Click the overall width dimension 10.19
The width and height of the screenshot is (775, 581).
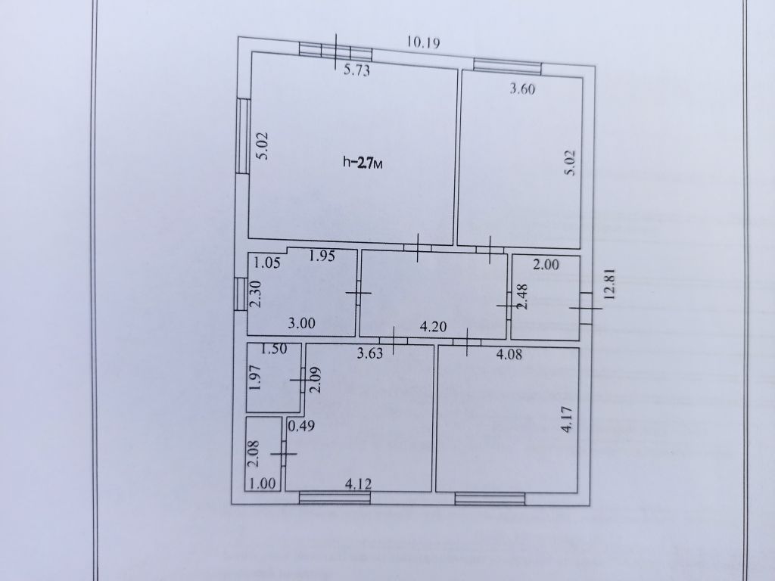(x=423, y=42)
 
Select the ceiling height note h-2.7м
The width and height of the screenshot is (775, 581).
(x=363, y=163)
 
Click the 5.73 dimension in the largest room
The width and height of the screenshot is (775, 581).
(x=356, y=70)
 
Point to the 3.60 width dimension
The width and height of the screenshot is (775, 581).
(x=522, y=89)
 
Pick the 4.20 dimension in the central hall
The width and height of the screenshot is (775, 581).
(x=433, y=327)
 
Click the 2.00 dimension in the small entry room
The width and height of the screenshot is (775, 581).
(x=546, y=265)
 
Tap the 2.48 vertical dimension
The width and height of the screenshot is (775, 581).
(x=522, y=296)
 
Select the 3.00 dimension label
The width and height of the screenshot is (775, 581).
(x=301, y=324)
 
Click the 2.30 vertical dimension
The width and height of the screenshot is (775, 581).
(x=256, y=294)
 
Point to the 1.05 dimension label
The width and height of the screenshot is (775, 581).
(x=267, y=263)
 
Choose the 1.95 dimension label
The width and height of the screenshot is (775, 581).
(x=322, y=256)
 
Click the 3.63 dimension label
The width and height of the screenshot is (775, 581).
(x=369, y=353)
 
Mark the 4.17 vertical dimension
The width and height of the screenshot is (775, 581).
(x=567, y=419)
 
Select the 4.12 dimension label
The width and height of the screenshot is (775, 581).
(x=358, y=483)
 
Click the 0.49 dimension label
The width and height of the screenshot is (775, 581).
(x=301, y=426)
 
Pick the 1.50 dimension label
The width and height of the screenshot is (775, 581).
(x=273, y=349)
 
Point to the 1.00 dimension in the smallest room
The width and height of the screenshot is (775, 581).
(x=262, y=483)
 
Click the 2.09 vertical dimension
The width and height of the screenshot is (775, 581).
(x=316, y=379)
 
